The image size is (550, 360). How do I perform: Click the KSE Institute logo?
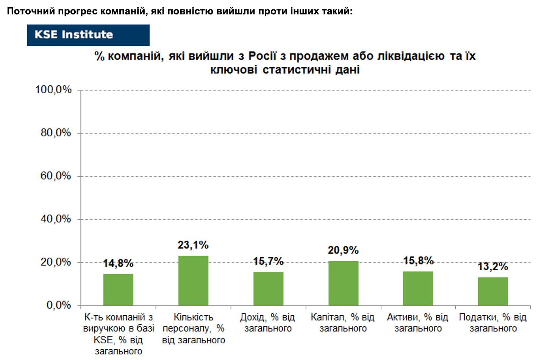(88, 35)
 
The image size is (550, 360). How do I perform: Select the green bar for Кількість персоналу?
(193, 281)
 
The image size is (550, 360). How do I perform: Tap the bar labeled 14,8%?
(118, 290)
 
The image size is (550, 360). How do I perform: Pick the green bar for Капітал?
(344, 283)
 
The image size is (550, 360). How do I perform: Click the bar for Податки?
(493, 291)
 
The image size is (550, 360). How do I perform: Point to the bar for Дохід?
(268, 289)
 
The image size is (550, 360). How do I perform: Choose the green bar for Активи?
(418, 288)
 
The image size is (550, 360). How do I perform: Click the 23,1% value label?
(193, 245)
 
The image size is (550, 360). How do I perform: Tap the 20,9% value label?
(343, 250)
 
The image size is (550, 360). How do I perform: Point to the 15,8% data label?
(419, 261)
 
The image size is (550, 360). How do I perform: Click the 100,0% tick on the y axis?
(53, 90)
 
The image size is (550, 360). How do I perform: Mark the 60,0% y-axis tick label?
(56, 176)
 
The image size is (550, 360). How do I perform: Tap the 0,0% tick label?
(59, 305)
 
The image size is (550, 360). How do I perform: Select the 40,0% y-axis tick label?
(56, 219)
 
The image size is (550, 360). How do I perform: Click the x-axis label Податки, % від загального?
(493, 323)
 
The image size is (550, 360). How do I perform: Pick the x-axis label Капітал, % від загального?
(343, 323)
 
